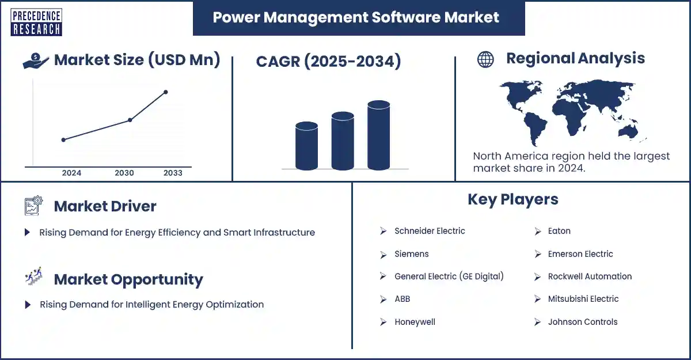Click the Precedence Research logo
point(36,22)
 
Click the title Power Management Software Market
point(355,17)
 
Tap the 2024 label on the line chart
point(71,173)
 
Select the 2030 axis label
point(124,173)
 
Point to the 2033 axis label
point(173,173)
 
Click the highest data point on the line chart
point(166,92)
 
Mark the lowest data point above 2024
point(63,139)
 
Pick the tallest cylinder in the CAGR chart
point(378,136)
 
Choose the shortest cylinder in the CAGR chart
point(306,146)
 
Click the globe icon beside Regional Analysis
point(485,59)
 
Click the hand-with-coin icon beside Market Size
point(36,60)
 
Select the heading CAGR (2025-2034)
point(328,61)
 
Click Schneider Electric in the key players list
point(430,231)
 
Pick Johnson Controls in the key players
point(582,322)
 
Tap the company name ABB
point(402,299)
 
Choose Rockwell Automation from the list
point(590,276)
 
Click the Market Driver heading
point(105,206)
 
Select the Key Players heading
point(512,199)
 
